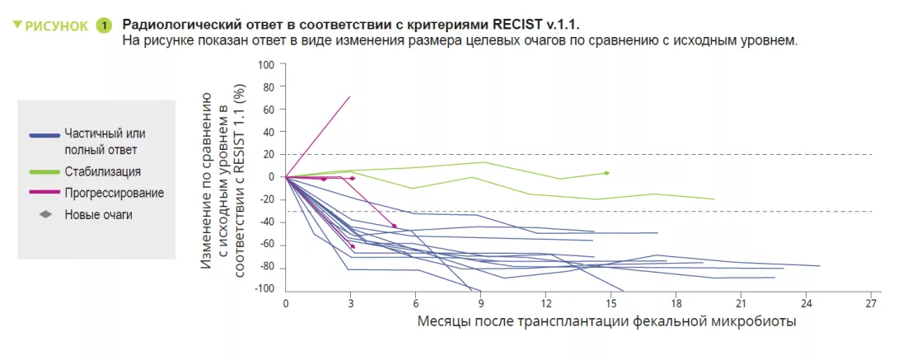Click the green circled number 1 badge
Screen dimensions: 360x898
pos(104,26)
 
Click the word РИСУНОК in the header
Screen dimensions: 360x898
pos(57,26)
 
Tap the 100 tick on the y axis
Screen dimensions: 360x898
pos(265,64)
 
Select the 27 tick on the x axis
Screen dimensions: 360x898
pos(871,302)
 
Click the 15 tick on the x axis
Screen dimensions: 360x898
pos(610,302)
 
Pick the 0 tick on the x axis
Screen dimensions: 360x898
pos(286,302)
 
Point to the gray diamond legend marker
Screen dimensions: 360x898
pos(45,214)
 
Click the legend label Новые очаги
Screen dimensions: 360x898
pos(98,214)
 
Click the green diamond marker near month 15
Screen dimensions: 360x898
pos(606,173)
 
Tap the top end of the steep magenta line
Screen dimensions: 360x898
pos(349,97)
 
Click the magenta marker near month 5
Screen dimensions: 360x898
pos(394,226)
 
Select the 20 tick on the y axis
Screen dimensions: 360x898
pos(267,154)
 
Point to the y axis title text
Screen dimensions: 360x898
pos(222,177)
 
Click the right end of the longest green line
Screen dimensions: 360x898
pos(713,199)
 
